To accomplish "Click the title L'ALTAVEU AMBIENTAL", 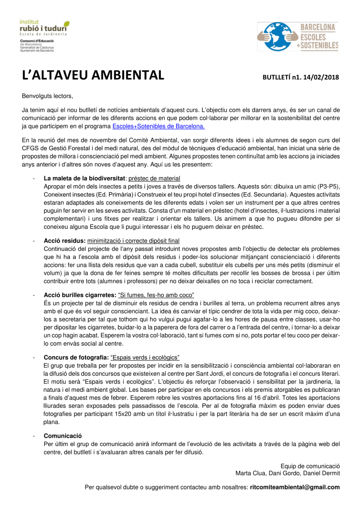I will pos(93,76).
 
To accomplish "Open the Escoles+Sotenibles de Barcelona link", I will pos(158,126).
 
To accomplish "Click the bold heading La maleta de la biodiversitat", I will pos(84,179).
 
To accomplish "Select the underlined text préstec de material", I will pos(155,179).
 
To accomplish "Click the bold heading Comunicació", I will pos(63,435).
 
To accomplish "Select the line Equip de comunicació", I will pos(310,466).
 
